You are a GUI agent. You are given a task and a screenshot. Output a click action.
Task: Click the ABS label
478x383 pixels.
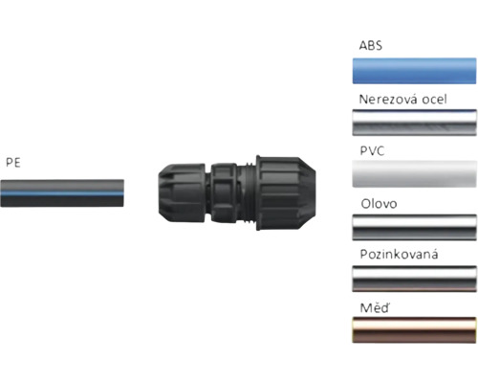(370, 45)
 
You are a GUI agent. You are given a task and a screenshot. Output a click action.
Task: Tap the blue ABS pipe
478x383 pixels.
(414, 71)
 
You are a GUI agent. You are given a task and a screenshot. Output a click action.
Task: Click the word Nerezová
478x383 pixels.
(387, 100)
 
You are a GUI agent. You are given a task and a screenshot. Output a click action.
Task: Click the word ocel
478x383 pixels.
(434, 100)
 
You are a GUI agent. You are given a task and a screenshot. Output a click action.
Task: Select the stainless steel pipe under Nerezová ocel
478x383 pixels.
(414, 123)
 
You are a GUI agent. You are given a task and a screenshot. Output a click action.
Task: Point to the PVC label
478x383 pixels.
(372, 151)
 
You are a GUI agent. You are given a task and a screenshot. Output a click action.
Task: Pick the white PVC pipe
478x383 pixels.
(414, 174)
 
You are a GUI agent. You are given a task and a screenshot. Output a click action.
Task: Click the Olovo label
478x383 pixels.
(379, 204)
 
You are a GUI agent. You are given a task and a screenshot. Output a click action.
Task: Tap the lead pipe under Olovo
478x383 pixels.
(414, 227)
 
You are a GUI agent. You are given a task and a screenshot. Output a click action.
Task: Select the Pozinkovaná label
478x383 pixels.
(399, 254)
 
